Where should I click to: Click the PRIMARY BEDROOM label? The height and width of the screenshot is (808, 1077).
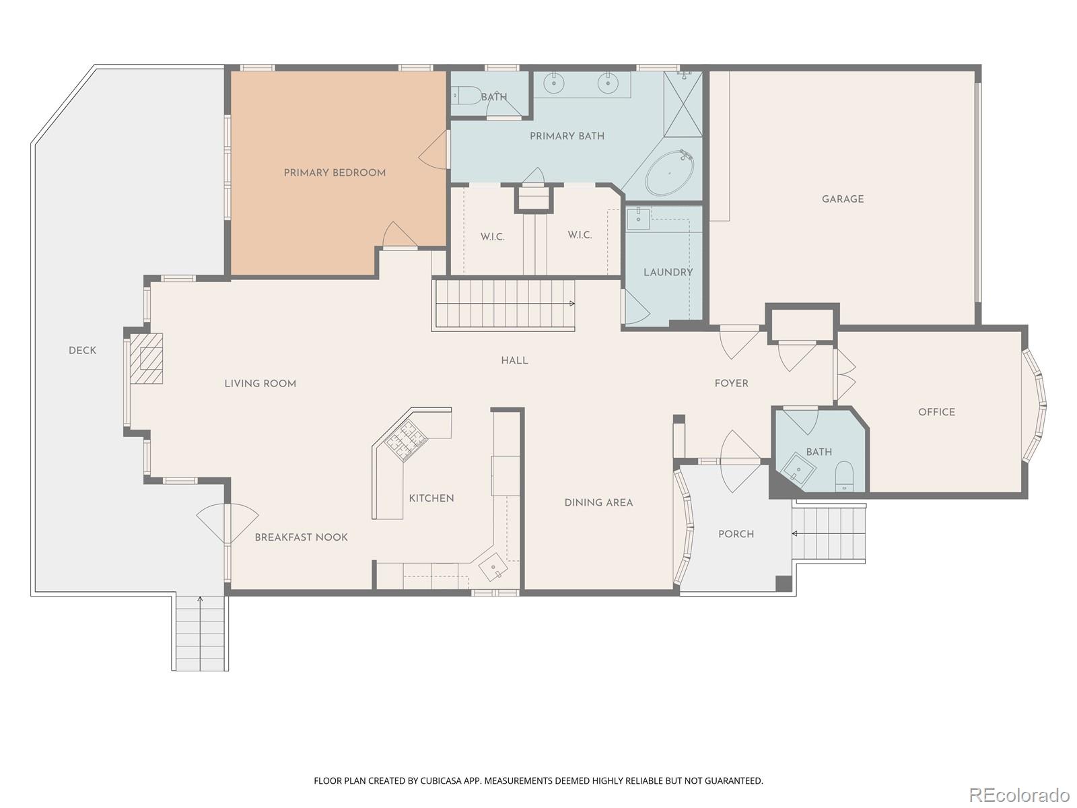(335, 173)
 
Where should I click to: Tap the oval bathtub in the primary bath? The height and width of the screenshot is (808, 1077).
(669, 173)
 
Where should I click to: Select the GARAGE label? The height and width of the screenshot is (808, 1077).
(842, 199)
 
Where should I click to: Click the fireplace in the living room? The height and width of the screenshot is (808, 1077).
(147, 358)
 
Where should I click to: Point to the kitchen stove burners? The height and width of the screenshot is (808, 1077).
(406, 441)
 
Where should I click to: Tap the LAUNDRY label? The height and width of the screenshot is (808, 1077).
(668, 273)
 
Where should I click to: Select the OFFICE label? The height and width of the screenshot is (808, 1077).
(936, 412)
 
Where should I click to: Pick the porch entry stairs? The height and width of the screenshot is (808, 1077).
(829, 533)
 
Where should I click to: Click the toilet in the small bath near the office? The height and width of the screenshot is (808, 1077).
(844, 476)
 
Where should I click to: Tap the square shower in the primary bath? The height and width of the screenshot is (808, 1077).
(683, 104)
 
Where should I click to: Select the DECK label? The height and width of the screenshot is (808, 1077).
(82, 351)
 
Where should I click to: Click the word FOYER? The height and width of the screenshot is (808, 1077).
(731, 384)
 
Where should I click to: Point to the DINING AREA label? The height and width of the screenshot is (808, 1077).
(598, 503)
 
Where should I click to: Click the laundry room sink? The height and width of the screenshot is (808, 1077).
(638, 218)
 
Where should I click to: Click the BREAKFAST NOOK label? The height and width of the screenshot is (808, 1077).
(301, 537)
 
